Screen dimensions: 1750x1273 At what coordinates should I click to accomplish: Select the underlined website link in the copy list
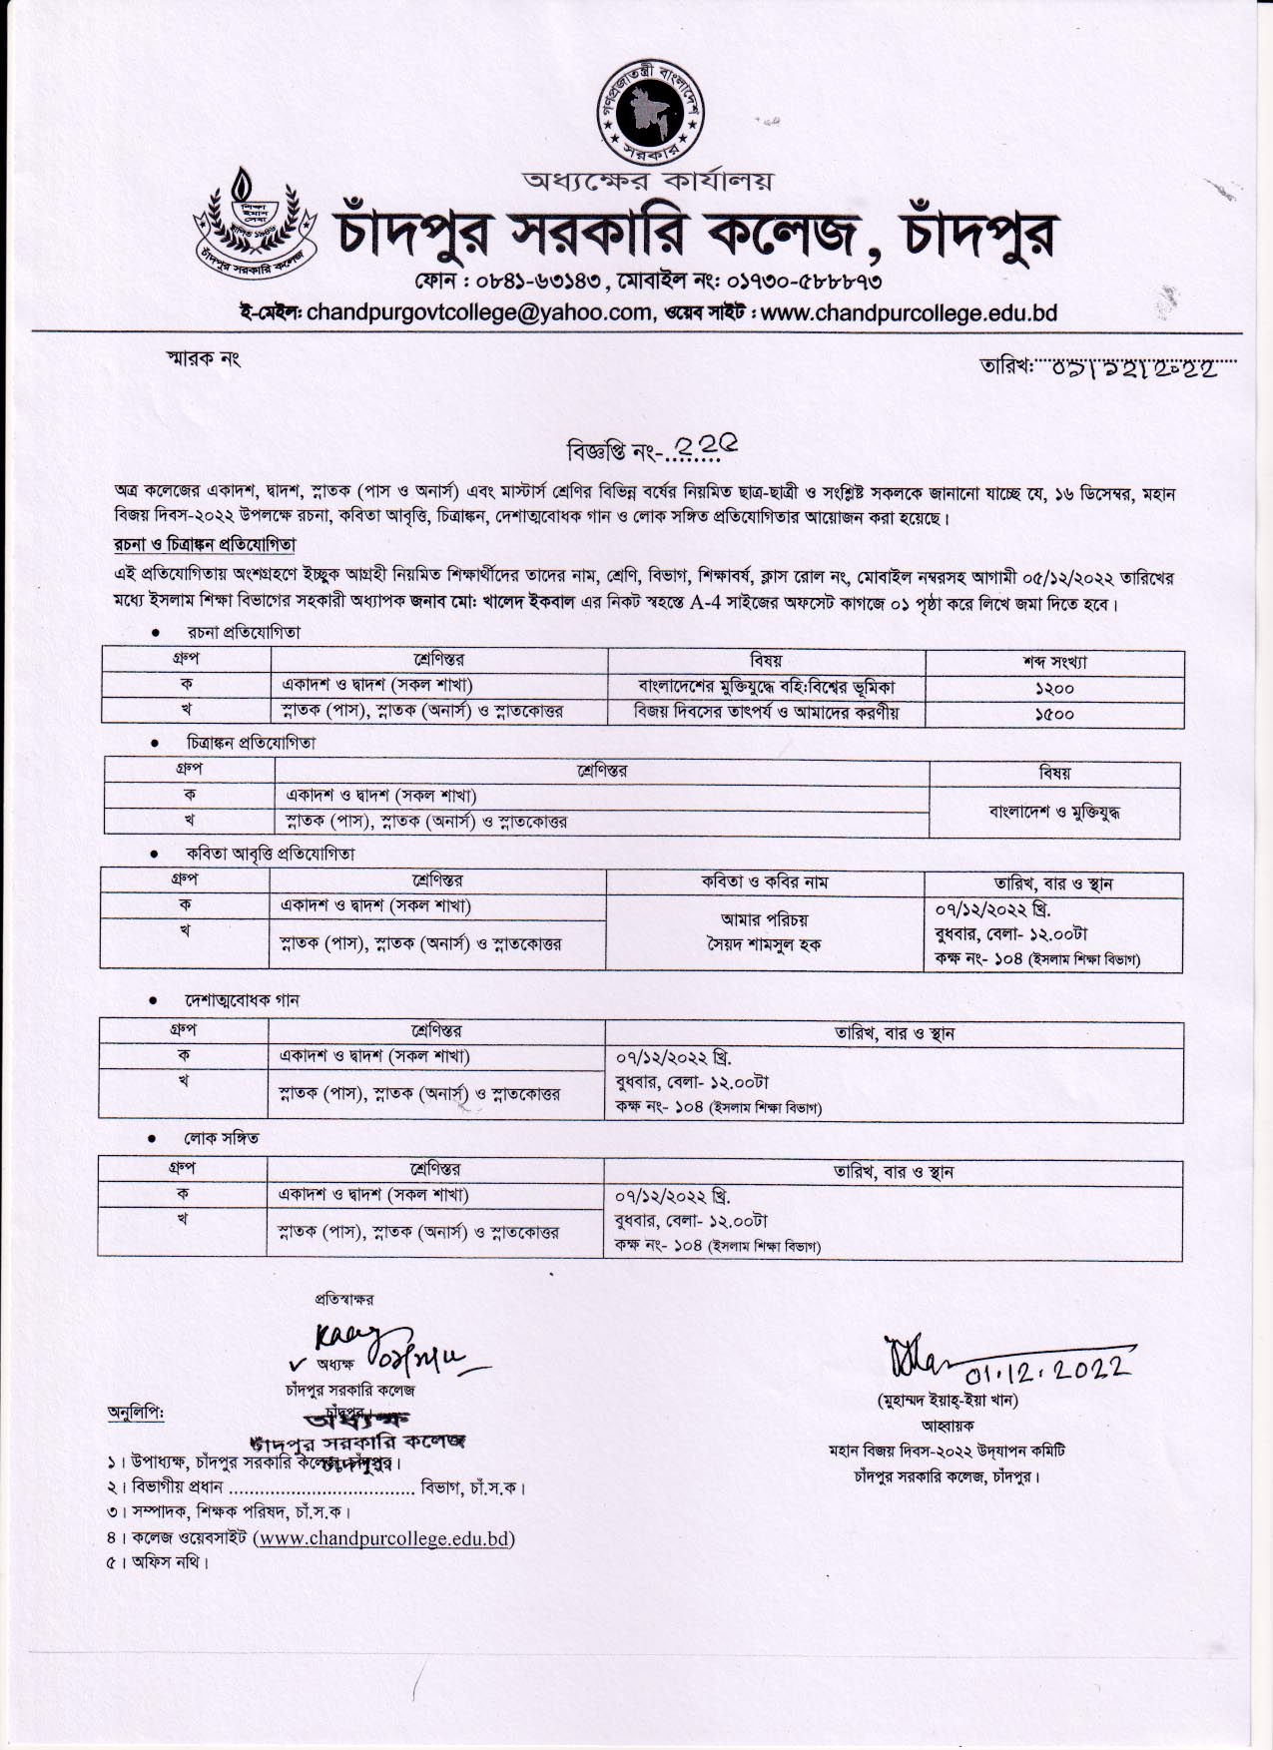point(385,1538)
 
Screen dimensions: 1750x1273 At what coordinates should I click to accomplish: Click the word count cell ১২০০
point(1053,688)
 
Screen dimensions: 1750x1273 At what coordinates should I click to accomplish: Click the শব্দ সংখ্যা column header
point(1053,662)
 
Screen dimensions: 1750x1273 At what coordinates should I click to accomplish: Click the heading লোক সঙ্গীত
point(220,1138)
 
